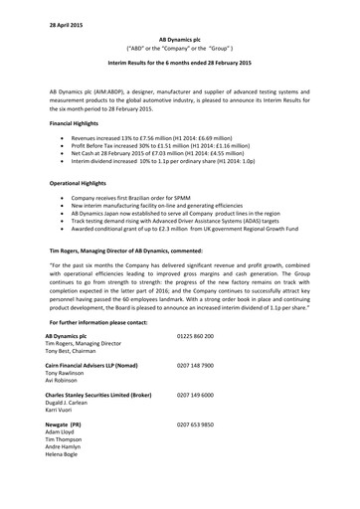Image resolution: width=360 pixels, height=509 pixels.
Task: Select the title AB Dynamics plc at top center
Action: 180,35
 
